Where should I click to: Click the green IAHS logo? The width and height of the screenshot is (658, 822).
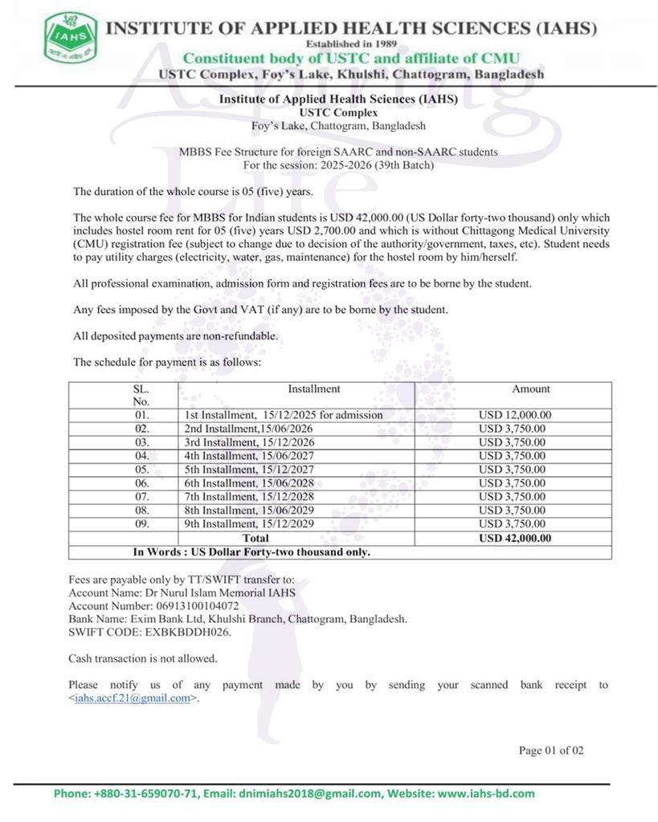pyautogui.click(x=71, y=38)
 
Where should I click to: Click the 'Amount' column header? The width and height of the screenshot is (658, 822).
pyautogui.click(x=531, y=389)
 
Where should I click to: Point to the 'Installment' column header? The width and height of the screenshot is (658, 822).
pyautogui.click(x=314, y=389)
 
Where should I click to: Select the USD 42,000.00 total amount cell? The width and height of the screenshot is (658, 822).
pyautogui.click(x=514, y=538)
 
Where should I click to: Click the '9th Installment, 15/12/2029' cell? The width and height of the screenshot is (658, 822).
pyautogui.click(x=250, y=524)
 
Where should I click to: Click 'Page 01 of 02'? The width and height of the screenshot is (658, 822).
pyautogui.click(x=551, y=751)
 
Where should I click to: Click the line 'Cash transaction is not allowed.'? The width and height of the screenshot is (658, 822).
pyautogui.click(x=143, y=658)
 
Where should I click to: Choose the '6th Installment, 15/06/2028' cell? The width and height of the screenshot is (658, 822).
pyautogui.click(x=249, y=483)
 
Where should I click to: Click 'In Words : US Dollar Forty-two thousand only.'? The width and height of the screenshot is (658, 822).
pyautogui.click(x=251, y=552)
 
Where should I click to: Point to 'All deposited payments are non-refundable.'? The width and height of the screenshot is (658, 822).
pyautogui.click(x=175, y=336)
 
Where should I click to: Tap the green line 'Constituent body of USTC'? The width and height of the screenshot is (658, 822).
pyautogui.click(x=351, y=58)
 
